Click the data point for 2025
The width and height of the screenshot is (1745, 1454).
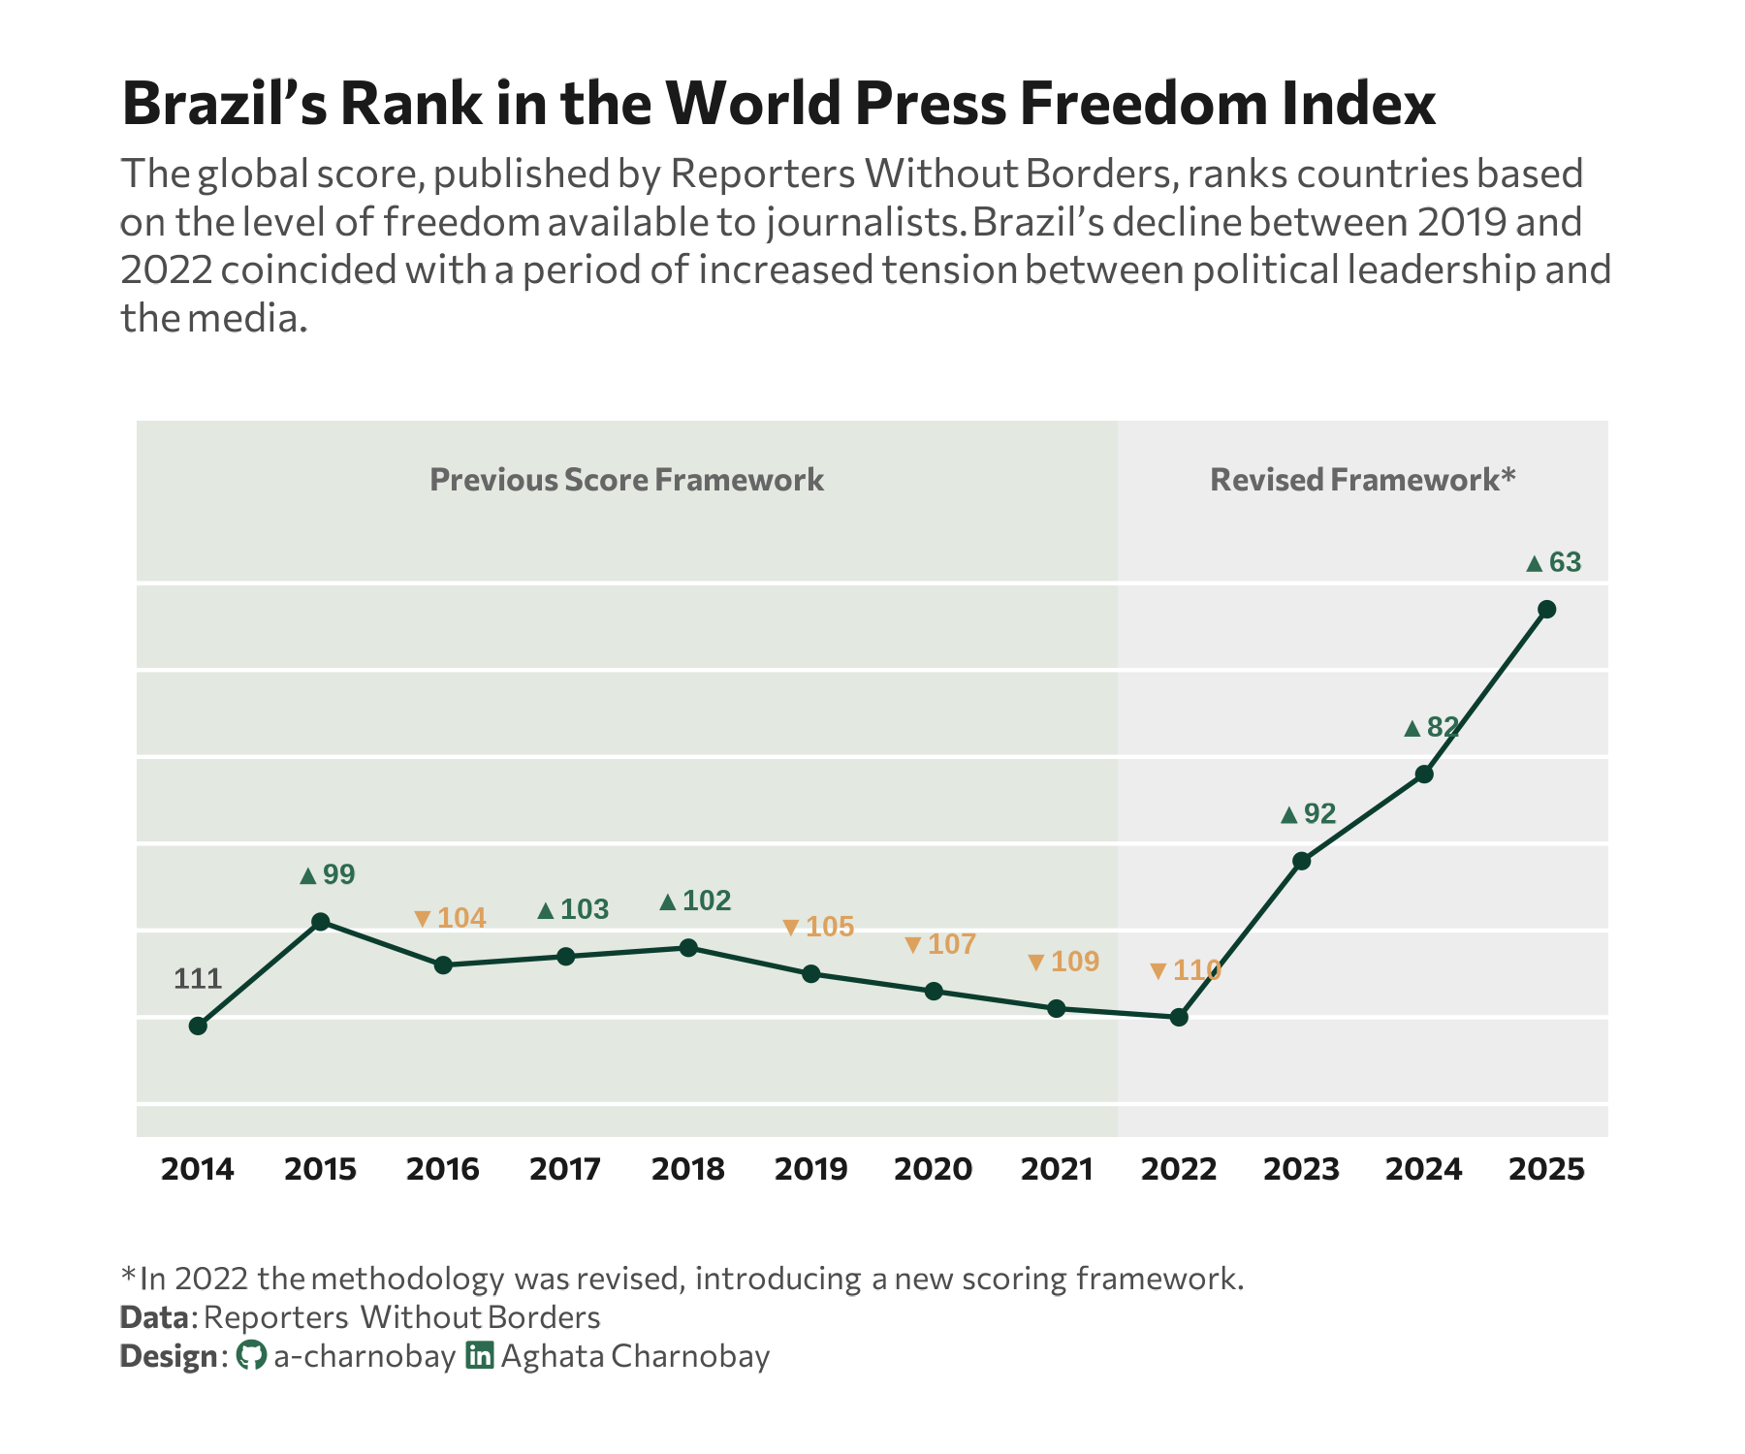click(1547, 609)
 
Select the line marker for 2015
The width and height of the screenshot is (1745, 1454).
click(321, 921)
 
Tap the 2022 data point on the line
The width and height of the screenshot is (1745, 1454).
click(1179, 1017)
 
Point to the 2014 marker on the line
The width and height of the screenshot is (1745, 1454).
click(198, 1026)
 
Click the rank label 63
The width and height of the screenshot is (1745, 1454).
click(1565, 562)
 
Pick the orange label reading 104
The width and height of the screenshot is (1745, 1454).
click(461, 918)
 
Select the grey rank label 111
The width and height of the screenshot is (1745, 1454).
click(198, 979)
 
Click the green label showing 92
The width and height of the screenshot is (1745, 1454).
click(1319, 813)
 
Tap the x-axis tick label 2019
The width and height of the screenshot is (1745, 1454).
click(810, 1169)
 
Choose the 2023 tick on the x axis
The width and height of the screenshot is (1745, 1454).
click(1301, 1169)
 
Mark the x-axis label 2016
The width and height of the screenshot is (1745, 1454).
click(443, 1169)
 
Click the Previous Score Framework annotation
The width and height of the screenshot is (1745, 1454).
click(626, 480)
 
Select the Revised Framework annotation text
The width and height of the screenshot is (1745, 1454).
click(1362, 480)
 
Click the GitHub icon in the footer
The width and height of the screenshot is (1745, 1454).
click(251, 1355)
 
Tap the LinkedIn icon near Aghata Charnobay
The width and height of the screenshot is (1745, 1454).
click(480, 1355)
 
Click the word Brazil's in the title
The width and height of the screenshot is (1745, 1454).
click(225, 103)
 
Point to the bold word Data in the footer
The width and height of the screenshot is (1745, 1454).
click(154, 1317)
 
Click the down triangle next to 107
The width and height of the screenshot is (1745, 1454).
click(913, 945)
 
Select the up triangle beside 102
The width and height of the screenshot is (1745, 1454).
click(668, 902)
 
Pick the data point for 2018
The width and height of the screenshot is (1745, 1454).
click(688, 947)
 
